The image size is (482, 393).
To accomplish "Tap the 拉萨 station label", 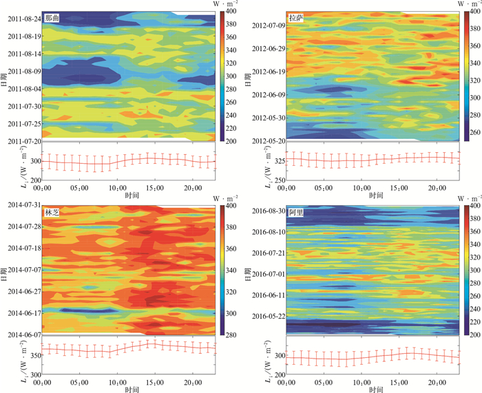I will point(297,19).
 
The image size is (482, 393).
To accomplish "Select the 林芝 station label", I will point(52,213).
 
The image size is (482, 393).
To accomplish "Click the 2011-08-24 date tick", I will point(24,19).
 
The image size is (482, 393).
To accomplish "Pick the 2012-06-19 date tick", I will point(269,72).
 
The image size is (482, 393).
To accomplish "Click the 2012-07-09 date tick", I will point(269,26).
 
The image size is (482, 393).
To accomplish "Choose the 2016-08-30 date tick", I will point(269,210).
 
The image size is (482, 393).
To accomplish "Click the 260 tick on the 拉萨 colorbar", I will point(473,131).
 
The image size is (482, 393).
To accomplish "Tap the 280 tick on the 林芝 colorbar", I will point(229,335).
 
